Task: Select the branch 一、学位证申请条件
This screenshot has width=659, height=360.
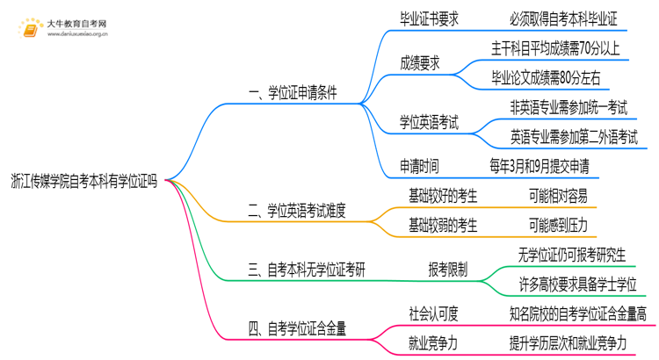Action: coord(293,91)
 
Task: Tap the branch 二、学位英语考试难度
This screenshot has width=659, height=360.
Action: coord(296,210)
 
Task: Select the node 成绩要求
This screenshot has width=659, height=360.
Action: coord(420,62)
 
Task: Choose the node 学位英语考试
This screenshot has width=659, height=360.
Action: coord(430,122)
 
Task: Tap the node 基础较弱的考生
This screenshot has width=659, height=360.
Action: coord(443,226)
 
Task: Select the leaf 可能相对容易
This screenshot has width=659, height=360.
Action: coord(558,195)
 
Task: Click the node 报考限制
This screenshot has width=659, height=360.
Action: coord(447,270)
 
